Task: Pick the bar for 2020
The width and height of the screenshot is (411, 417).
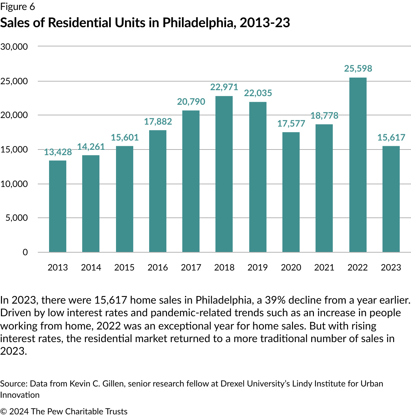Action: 291,192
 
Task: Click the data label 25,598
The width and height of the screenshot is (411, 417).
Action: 358,69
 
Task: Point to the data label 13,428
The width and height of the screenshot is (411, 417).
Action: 58,152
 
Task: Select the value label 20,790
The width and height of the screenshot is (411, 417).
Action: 191,102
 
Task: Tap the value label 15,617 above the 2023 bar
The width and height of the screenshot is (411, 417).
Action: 391,138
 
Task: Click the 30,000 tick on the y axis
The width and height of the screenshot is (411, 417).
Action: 14,47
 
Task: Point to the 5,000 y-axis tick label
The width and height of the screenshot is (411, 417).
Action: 17,218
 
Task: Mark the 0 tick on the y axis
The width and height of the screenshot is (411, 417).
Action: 25,252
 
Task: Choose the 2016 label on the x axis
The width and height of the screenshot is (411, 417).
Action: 157,268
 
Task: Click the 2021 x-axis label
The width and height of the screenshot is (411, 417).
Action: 324,268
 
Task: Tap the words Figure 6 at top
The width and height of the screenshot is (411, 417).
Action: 18,7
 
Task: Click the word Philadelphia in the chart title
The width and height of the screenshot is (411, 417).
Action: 199,23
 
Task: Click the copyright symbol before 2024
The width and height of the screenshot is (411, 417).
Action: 4,411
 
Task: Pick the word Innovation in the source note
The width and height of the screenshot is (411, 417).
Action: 20,395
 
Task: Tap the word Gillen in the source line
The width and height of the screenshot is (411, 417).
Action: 113,384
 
